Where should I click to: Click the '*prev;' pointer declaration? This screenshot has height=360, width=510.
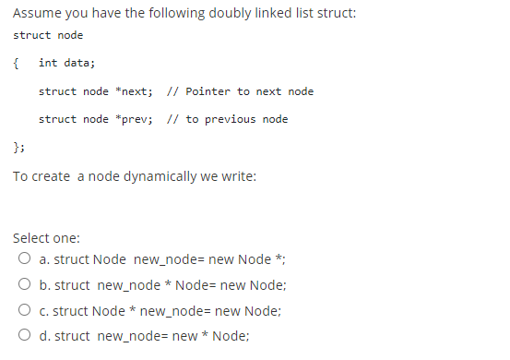click(134, 119)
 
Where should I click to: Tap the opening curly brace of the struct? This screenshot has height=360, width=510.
click(17, 63)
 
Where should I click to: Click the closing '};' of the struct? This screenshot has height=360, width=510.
click(18, 147)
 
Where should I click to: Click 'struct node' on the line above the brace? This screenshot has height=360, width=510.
click(48, 35)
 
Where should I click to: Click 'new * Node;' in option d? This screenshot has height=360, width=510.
click(209, 336)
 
